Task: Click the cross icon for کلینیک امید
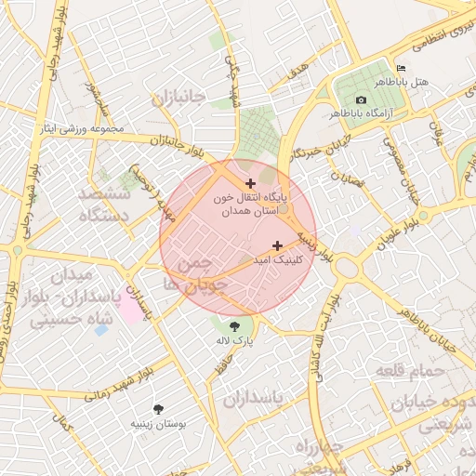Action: [x=277, y=245]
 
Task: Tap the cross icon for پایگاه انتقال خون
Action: [x=250, y=183]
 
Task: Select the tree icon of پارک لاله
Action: [x=233, y=325]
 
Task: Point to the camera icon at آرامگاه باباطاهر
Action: [x=361, y=99]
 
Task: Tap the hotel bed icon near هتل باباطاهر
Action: [x=401, y=68]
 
